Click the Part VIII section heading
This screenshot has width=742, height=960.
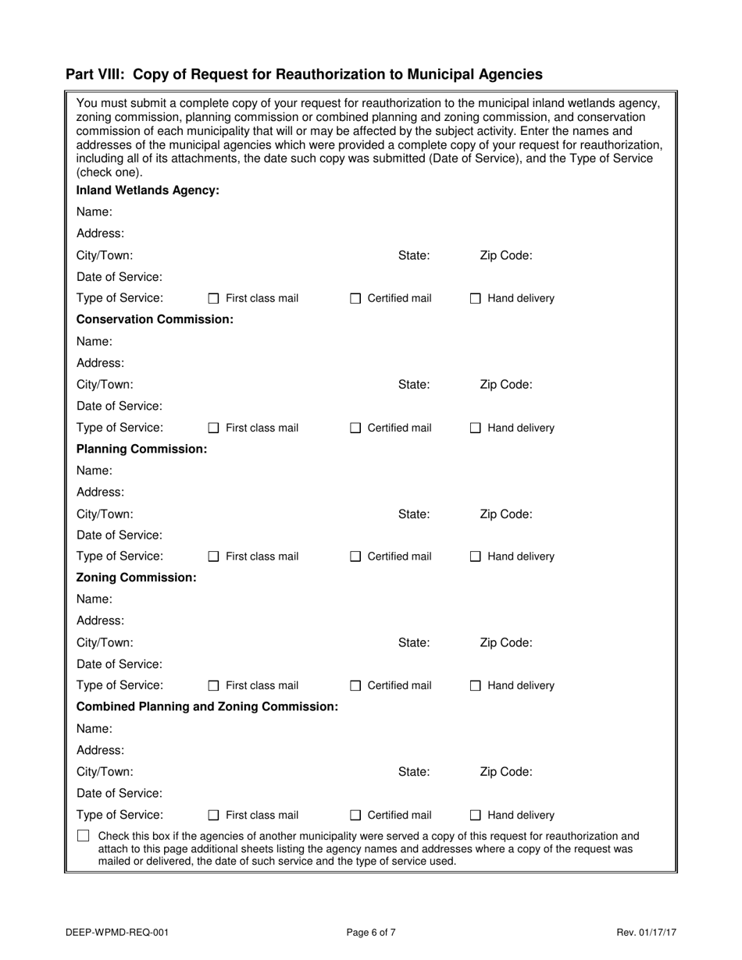pos(304,75)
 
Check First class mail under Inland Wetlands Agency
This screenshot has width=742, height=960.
pos(214,298)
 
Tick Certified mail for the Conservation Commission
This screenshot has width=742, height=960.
pos(355,428)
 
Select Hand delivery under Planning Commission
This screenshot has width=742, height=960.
pos(476,556)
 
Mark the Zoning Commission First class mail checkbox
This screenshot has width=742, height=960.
pos(214,686)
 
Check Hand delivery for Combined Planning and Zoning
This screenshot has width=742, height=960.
pos(476,816)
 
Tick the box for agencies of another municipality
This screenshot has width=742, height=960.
pos(84,837)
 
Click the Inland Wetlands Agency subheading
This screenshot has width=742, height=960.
pos(148,190)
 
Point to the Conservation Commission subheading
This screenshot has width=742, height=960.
pos(155,320)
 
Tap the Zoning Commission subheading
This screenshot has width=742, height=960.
pos(136,578)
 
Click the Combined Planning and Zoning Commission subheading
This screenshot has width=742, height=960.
pos(207,706)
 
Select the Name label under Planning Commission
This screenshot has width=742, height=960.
pos(94,471)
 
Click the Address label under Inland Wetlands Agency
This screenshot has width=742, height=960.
pos(100,233)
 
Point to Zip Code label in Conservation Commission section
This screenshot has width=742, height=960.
pos(505,384)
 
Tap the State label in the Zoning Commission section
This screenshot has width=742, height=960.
pos(414,642)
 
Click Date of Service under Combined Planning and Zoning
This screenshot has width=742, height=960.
pos(120,793)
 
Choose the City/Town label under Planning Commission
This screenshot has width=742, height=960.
pos(105,514)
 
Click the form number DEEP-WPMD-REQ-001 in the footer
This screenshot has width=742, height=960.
pos(117,932)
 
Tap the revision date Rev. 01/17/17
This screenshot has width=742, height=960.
pos(646,932)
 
